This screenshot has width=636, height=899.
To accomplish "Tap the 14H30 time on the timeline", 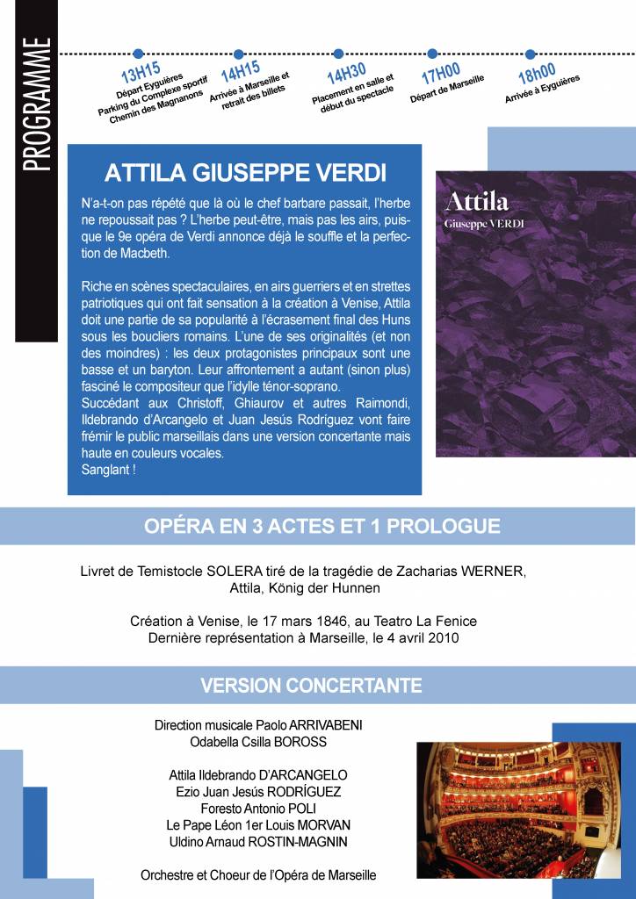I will coord(346,75).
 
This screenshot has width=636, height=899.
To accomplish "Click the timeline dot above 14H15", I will coord(238,54).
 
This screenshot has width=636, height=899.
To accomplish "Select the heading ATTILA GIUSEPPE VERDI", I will coord(245,170).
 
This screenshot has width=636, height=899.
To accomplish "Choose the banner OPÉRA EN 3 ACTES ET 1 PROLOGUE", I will coord(322,527).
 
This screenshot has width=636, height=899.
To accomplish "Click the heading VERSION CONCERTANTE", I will coord(311,685).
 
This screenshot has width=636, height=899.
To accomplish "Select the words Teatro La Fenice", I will coord(426,621).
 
